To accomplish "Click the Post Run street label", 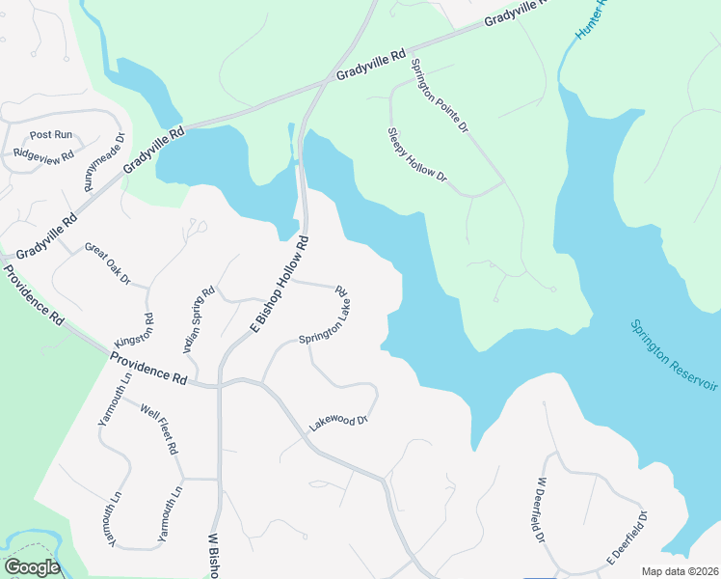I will tap(51, 135).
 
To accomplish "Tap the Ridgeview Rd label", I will tap(43, 155).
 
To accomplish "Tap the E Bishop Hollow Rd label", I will tap(281, 285).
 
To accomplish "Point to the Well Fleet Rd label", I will tap(159, 430).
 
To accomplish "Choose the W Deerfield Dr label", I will tap(541, 509).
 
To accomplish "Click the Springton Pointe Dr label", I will tap(439, 95).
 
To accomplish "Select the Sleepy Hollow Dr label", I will tap(417, 154).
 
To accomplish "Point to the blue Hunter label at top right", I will tap(590, 19).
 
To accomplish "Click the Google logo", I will tap(32, 567).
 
